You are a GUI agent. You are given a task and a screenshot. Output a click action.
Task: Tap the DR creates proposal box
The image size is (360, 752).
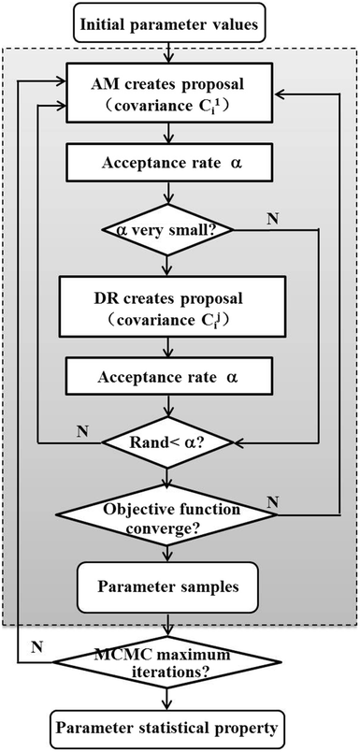pos(167,307)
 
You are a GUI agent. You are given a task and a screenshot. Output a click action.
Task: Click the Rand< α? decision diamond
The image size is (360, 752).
pos(167,442)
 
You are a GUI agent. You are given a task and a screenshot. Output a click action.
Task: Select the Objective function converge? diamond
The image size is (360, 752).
pos(167,518)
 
